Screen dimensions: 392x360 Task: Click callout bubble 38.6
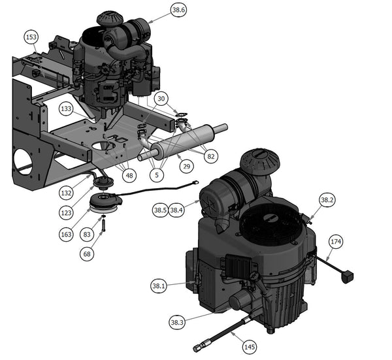(x=179, y=10)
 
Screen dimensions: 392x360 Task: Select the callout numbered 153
(x=31, y=37)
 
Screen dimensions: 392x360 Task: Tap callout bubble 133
(x=66, y=108)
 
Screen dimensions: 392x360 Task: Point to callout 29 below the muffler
(x=187, y=166)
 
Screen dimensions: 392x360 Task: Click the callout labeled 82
(x=211, y=156)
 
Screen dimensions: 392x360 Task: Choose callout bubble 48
(x=129, y=176)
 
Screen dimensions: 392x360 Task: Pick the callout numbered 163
(x=66, y=235)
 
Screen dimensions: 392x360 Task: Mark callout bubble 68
(x=87, y=254)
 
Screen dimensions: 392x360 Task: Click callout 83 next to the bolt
(x=87, y=235)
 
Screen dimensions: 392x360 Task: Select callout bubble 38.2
(x=327, y=200)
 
